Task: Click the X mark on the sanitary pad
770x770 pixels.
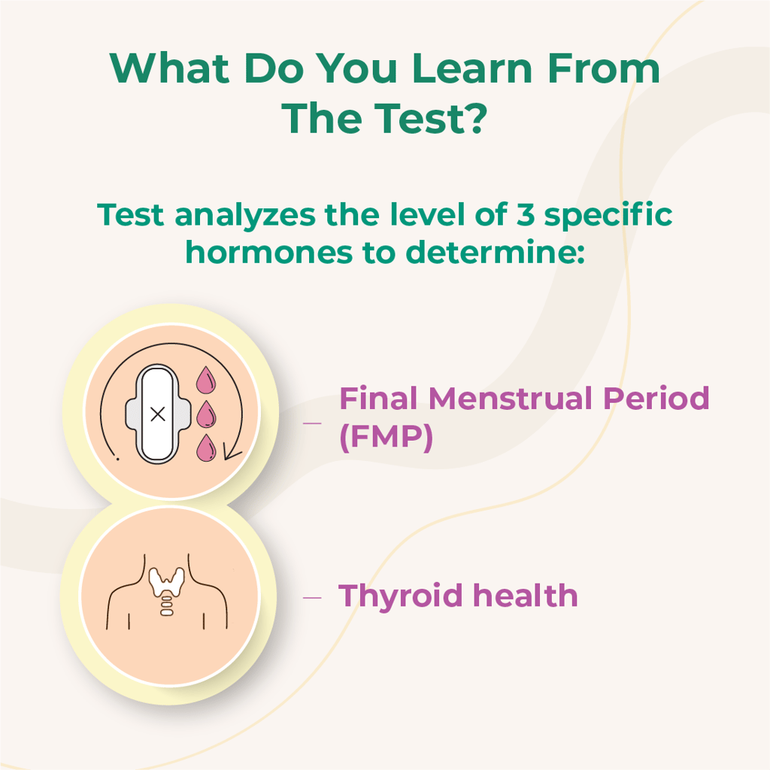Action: (157, 414)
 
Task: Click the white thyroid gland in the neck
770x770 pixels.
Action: (167, 580)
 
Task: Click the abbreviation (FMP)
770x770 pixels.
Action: (386, 438)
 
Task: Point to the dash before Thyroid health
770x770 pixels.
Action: (312, 598)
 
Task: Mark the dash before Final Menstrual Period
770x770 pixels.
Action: (312, 423)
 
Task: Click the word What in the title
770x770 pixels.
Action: (168, 68)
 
